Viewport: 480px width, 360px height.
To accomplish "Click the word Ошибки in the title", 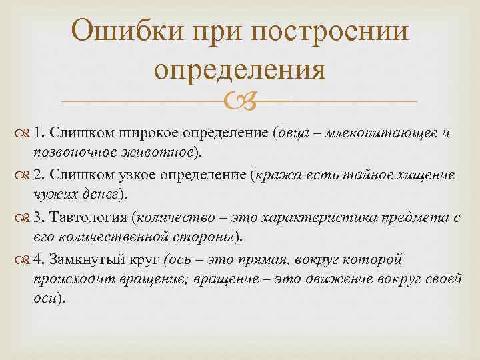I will click(x=127, y=32).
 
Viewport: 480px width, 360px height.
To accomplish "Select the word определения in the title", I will click(x=240, y=69).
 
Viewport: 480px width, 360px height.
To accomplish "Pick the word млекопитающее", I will click(x=379, y=133).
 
